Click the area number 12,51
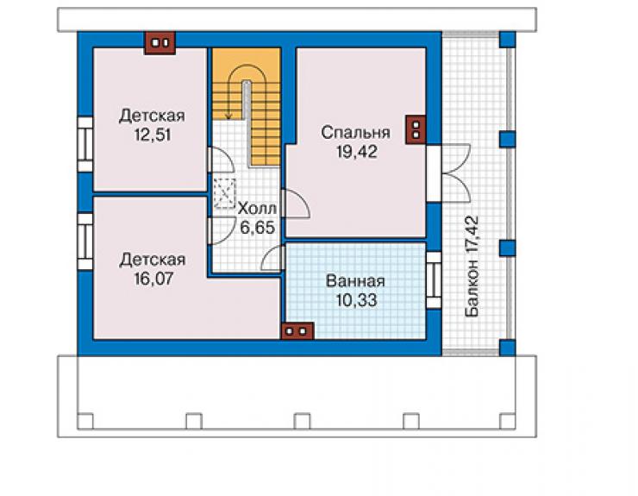click(x=153, y=135)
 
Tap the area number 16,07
click(x=153, y=279)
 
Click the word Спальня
click(x=355, y=133)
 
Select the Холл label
click(x=257, y=209)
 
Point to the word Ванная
click(x=355, y=281)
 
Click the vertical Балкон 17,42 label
click(x=472, y=266)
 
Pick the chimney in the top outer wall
click(x=160, y=42)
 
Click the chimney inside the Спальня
click(x=416, y=129)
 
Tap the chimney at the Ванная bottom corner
click(x=297, y=330)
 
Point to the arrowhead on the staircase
click(x=228, y=116)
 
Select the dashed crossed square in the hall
click(x=225, y=193)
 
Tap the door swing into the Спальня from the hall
click(x=296, y=204)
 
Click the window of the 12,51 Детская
click(x=85, y=145)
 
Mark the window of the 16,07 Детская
click(x=85, y=242)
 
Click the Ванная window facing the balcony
click(x=434, y=280)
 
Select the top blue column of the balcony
click(x=508, y=40)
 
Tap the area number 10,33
click(x=356, y=300)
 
